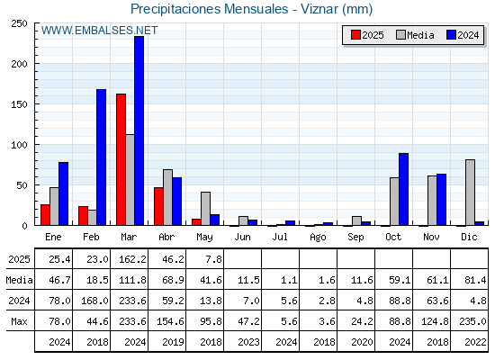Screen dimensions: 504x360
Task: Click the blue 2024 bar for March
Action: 139,130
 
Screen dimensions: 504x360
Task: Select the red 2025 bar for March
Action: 121,159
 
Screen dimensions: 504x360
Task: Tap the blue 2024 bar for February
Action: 101,157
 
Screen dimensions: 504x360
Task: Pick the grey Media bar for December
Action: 470,193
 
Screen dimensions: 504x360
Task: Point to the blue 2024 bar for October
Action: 404,189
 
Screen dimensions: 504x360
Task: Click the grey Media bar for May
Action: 206,209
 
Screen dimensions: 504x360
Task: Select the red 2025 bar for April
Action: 158,206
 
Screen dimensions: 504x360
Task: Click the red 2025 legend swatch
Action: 355,35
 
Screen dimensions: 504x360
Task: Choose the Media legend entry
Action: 415,35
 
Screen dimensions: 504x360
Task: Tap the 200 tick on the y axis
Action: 19,64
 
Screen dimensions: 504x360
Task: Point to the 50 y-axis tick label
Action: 22,185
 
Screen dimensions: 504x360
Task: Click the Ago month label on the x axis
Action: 318,238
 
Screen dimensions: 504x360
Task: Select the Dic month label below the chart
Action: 469,237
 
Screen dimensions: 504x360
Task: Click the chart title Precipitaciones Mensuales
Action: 209,9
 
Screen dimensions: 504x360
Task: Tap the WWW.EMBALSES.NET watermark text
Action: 99,31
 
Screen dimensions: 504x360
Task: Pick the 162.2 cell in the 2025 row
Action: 132,259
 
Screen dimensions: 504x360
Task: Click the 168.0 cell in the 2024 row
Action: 94,301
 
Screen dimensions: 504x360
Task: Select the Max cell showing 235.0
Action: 472,321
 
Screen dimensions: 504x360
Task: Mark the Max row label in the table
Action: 19,321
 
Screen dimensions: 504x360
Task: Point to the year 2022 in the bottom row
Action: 475,342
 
